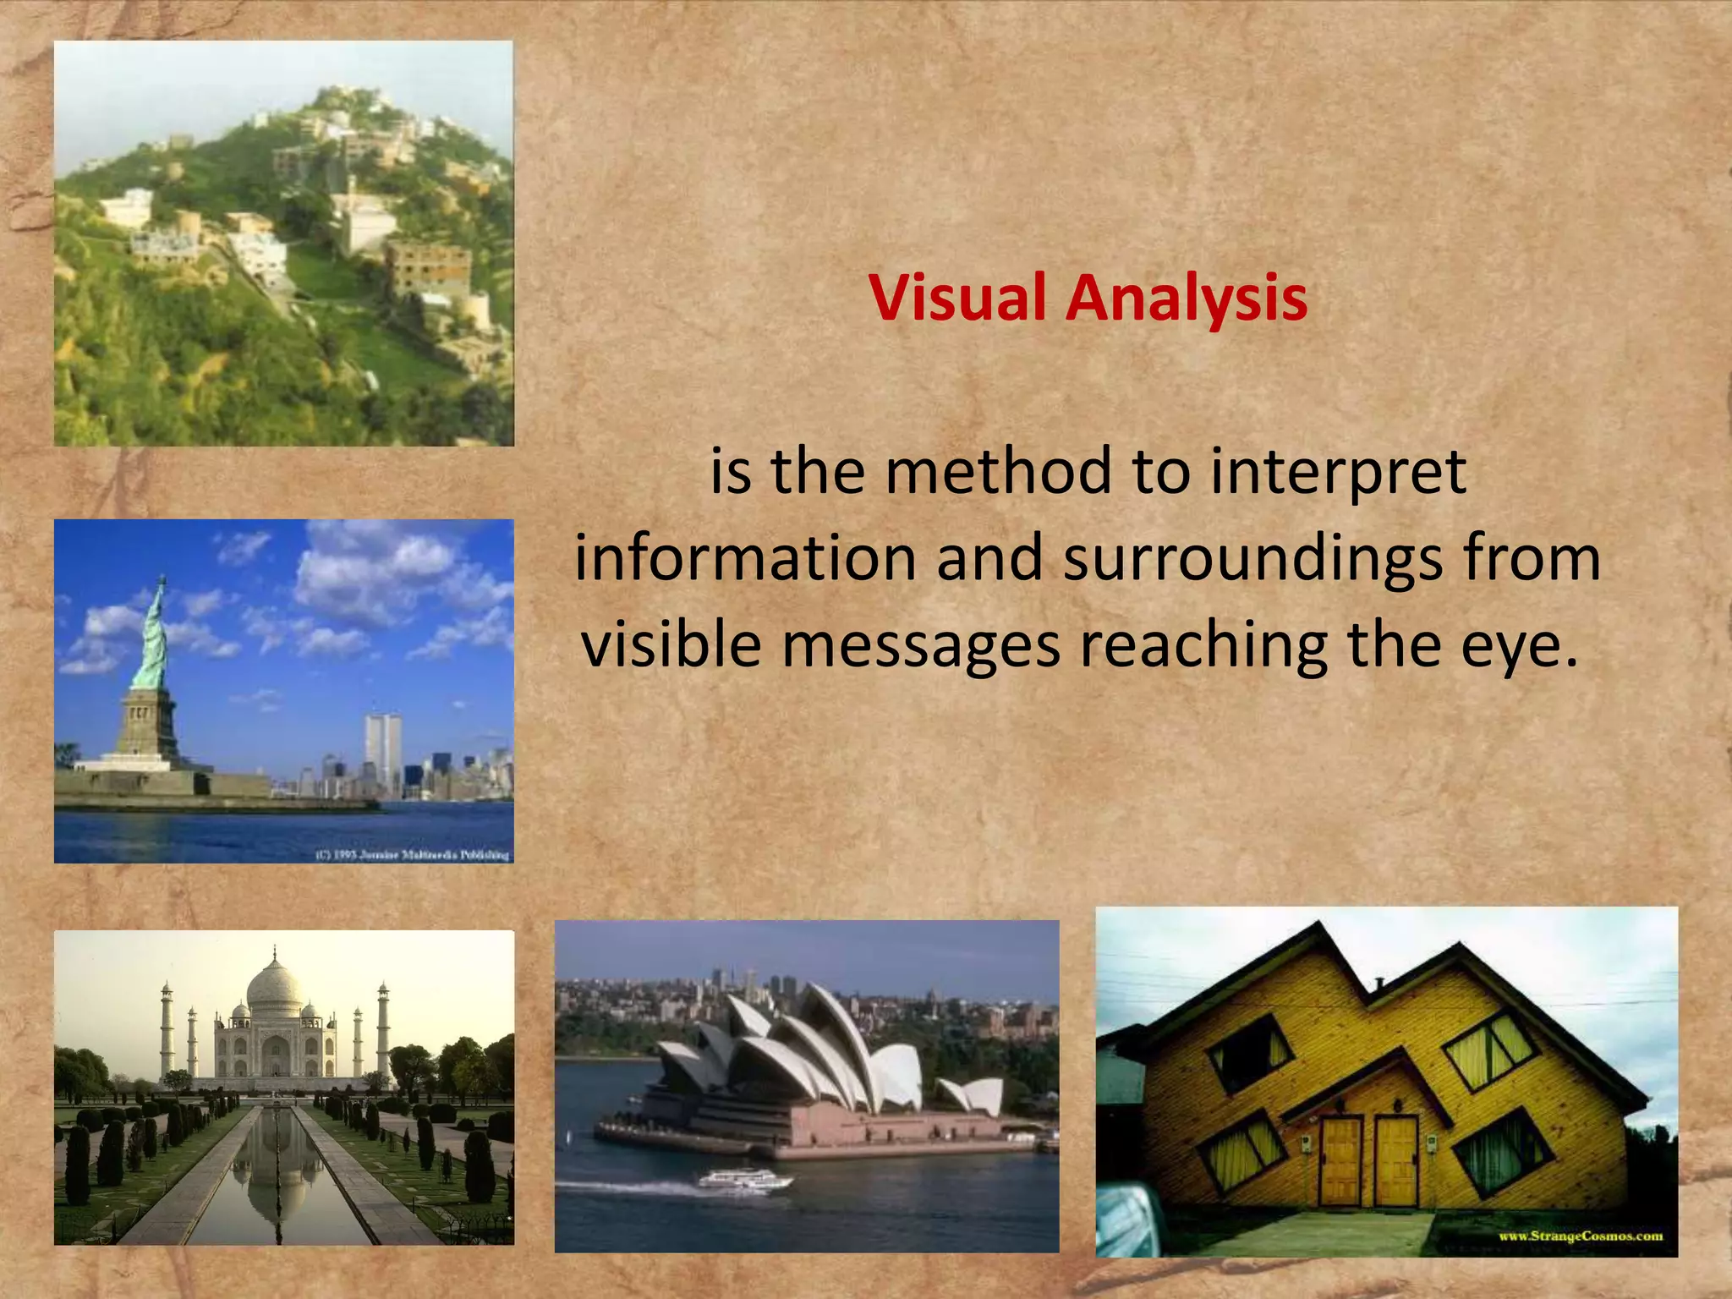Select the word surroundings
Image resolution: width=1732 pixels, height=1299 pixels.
click(x=1252, y=558)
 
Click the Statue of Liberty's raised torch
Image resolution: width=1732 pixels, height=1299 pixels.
click(x=162, y=581)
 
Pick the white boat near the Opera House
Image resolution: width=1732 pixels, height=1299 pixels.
click(x=744, y=1179)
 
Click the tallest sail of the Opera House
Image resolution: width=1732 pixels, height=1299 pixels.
click(x=837, y=1040)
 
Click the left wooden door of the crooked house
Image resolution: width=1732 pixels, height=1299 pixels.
click(x=1341, y=1160)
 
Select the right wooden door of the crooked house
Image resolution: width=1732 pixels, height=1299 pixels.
click(x=1395, y=1160)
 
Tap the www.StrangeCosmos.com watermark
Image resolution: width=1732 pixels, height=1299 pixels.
click(x=1580, y=1236)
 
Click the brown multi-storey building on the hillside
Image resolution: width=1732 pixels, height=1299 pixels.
click(x=428, y=267)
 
